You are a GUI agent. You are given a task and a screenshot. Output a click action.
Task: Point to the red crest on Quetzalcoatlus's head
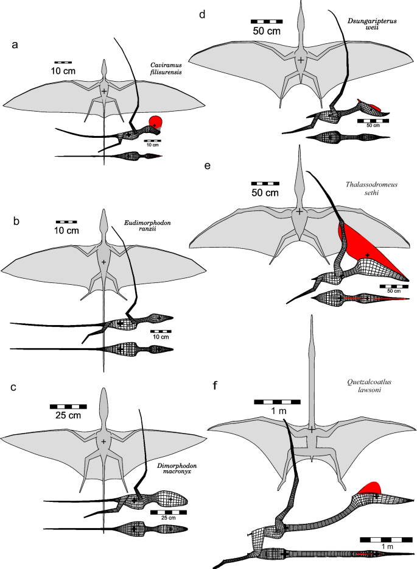(x=370, y=488)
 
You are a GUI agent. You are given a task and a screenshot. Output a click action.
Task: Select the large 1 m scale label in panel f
(x=277, y=411)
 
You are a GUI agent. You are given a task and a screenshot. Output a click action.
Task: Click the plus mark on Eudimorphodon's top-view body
(x=104, y=262)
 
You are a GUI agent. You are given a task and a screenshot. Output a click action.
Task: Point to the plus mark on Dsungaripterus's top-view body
(x=301, y=60)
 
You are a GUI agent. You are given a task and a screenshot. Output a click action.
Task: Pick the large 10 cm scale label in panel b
(x=66, y=231)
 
